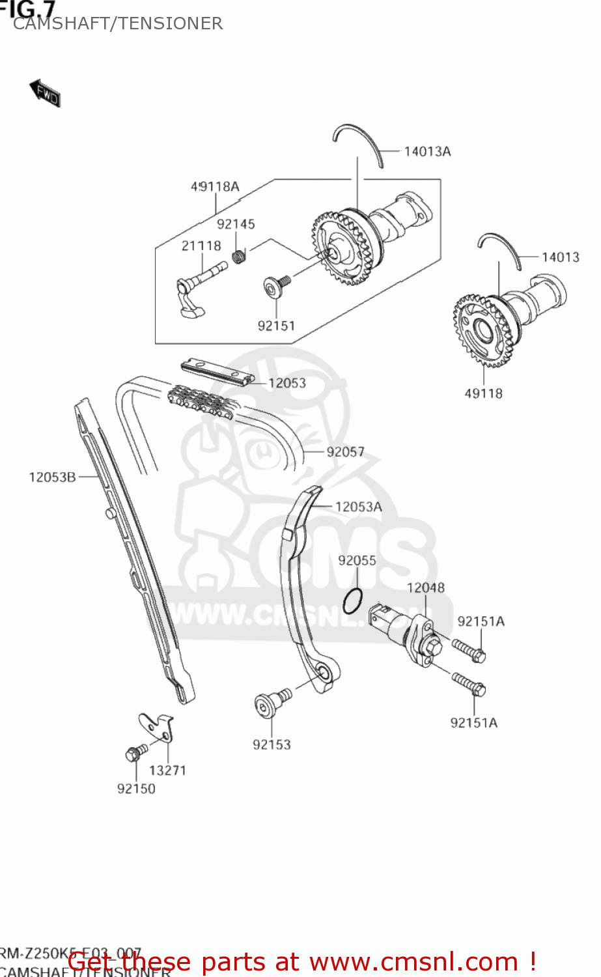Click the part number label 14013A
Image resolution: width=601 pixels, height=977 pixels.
point(427,151)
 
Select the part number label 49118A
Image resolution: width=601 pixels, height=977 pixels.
point(215,186)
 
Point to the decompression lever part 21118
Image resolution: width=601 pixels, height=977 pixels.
point(195,290)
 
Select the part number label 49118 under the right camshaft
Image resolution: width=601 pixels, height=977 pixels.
point(483,393)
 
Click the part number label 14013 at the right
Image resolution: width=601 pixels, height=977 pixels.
point(560,257)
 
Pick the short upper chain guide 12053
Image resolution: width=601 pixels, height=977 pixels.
point(217,371)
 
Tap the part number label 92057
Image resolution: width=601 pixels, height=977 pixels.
point(345,451)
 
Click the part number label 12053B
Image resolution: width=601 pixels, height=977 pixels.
point(52,477)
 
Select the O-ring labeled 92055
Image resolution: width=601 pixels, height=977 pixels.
point(352,600)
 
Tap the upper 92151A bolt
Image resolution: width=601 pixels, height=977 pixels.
point(469,651)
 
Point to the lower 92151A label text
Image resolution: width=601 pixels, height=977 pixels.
point(473,722)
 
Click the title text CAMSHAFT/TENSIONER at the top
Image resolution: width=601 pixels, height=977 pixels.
point(118,23)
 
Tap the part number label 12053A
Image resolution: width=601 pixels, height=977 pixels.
point(358,506)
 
